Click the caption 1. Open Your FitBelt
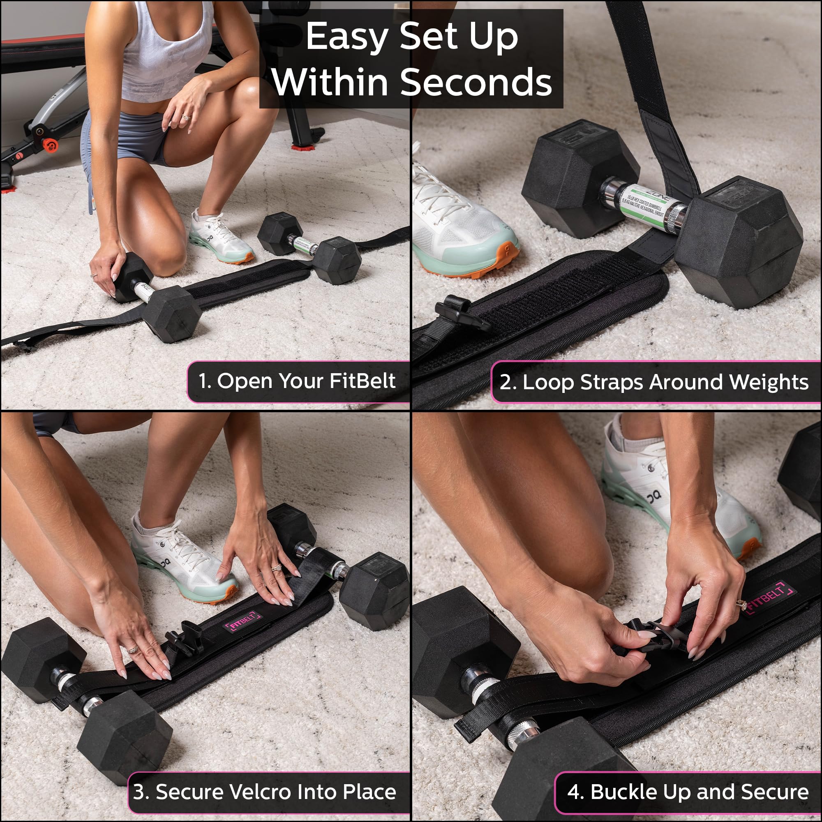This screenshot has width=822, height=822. pos(297,381)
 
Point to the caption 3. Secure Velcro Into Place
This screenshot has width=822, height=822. pos(264,792)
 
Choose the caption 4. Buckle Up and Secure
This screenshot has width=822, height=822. pos(688,792)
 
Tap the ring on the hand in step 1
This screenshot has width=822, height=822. pos(186,117)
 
